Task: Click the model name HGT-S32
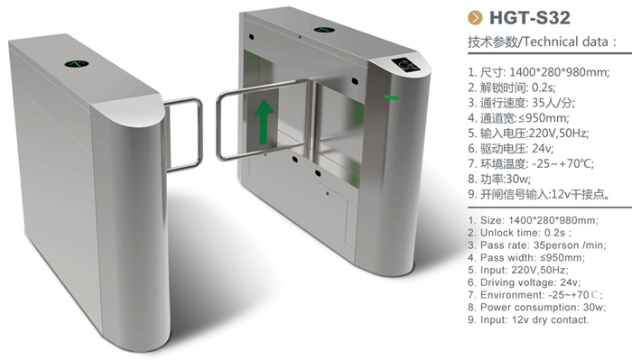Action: point(530,18)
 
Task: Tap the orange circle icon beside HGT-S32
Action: point(475,18)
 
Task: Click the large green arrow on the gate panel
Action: point(264,121)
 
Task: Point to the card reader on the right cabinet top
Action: point(407,65)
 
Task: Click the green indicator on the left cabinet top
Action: point(76,64)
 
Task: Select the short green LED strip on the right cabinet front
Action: point(391,97)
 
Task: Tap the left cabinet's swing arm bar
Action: point(184,134)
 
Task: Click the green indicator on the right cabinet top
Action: point(324,30)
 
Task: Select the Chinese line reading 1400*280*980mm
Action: point(539,72)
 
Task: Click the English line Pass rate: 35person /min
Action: point(537,245)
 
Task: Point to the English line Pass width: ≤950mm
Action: point(526,257)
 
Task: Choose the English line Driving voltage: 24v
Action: point(525,282)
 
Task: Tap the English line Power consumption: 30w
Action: point(537,308)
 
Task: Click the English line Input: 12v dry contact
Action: point(528,319)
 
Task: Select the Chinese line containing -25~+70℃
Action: point(531,164)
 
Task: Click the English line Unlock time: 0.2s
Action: point(520,233)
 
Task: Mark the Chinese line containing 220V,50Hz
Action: point(528,134)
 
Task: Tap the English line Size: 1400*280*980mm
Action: point(534,220)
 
